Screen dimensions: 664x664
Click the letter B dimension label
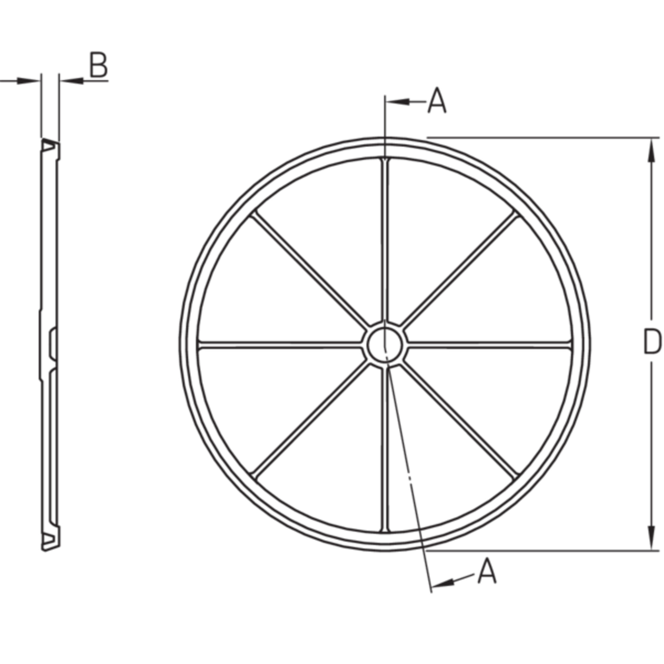pos(99,65)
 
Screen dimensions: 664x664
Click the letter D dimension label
pos(652,341)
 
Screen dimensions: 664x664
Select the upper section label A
pos(437,100)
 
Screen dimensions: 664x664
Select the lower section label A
pos(487,571)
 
